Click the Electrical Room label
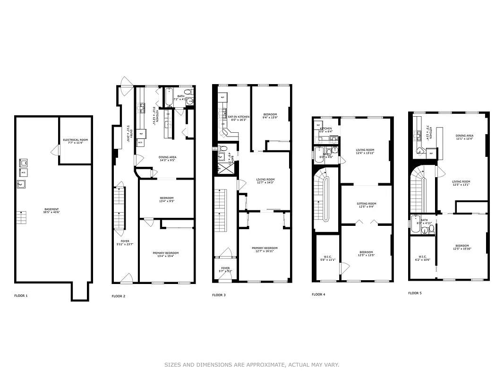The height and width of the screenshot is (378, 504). click(76, 141)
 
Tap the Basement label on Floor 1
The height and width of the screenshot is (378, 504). click(52, 211)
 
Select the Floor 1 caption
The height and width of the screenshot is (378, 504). click(21, 296)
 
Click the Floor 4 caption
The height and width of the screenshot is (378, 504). click(318, 294)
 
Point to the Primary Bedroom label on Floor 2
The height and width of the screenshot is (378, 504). click(165, 254)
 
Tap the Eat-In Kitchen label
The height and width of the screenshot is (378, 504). click(239, 118)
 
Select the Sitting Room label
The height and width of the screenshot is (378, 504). click(366, 205)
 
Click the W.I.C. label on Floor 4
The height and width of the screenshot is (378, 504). click(327, 258)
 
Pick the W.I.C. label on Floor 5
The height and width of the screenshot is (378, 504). click(423, 258)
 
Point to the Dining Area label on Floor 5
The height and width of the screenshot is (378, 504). click(464, 137)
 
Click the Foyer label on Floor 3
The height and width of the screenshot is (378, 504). click(225, 269)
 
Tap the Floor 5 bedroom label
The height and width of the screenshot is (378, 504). click(462, 247)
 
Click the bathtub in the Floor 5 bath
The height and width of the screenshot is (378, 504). click(416, 225)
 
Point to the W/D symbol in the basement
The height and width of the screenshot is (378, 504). click(22, 173)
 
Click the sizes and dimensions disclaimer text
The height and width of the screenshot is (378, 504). click(252, 365)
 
